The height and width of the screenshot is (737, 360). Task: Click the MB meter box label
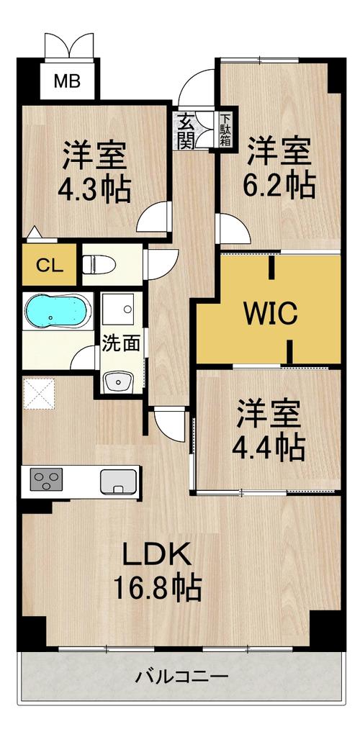click(67, 81)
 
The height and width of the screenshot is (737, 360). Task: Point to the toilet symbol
click(99, 264)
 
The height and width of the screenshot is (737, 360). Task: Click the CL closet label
click(50, 266)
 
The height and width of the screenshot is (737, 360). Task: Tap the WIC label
click(270, 312)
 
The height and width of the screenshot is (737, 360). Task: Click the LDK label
click(158, 555)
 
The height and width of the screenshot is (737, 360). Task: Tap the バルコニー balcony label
click(182, 677)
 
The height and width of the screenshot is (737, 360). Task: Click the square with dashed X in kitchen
click(39, 393)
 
